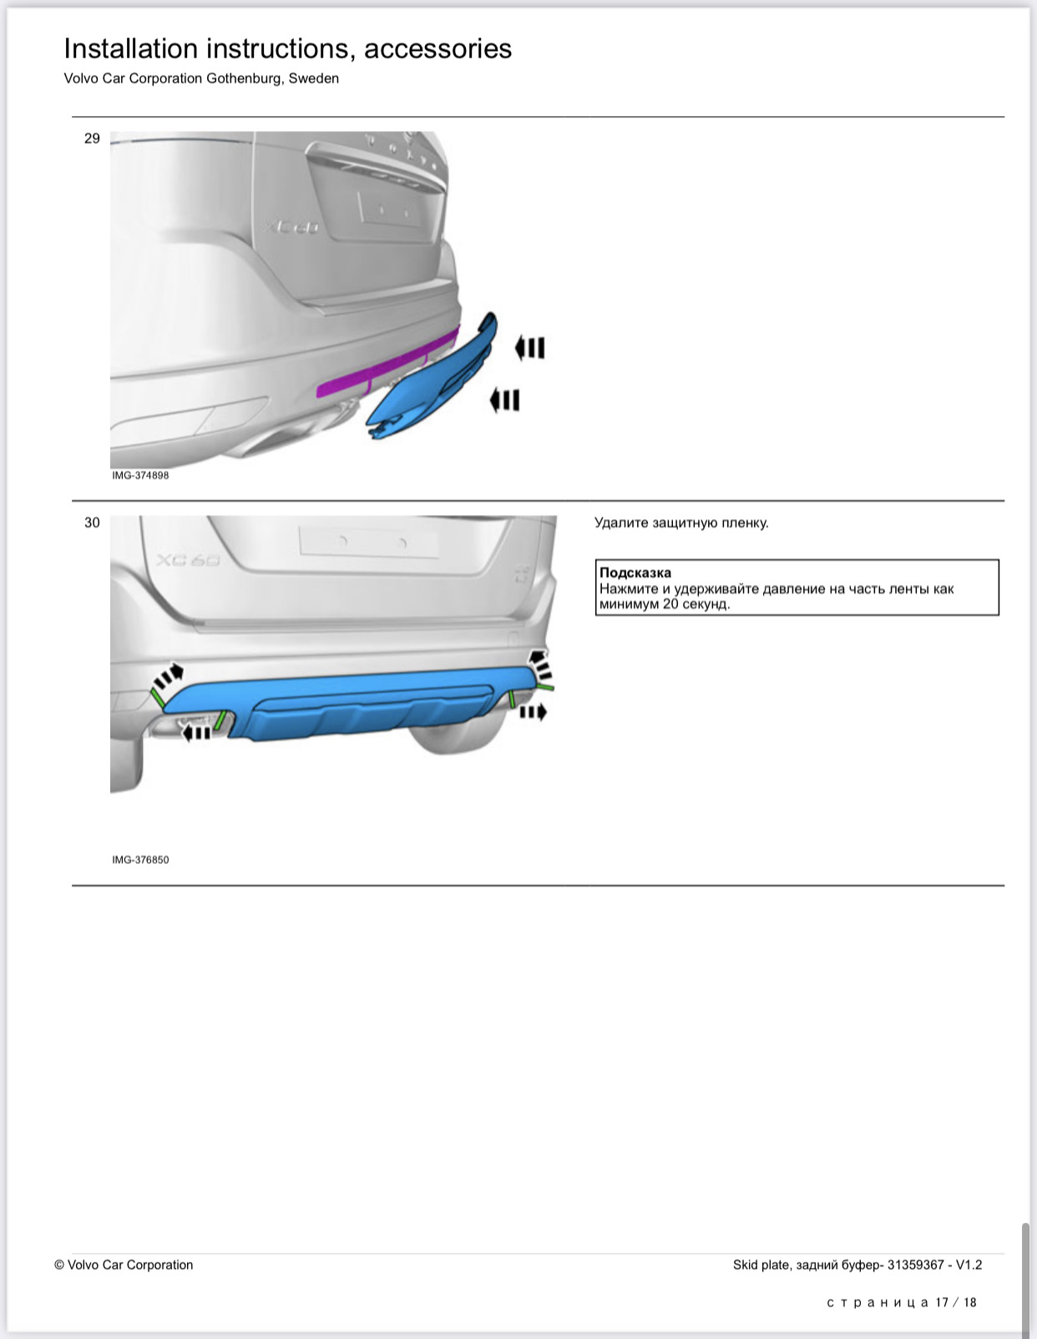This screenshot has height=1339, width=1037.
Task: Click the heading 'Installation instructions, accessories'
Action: [x=287, y=48]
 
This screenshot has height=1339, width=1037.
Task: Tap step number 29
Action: [x=92, y=139]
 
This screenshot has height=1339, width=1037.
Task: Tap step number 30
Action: [x=92, y=523]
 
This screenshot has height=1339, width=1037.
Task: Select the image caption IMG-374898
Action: [x=140, y=475]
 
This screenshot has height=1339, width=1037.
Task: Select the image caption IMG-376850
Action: [x=140, y=859]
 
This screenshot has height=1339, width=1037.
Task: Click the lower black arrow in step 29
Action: [x=504, y=401]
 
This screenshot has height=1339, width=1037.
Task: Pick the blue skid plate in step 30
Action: [x=359, y=705]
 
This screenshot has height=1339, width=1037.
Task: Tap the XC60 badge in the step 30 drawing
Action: [x=189, y=560]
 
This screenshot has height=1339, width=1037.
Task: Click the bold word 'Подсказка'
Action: [x=635, y=573]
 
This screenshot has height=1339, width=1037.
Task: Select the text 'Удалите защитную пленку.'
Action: [x=681, y=523]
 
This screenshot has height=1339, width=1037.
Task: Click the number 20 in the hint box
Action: [x=670, y=604]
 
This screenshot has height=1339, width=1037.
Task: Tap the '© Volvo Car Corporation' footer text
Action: [x=124, y=1265]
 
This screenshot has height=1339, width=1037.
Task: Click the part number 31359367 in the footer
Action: [x=916, y=1265]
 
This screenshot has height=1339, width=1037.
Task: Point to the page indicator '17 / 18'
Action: [x=956, y=1302]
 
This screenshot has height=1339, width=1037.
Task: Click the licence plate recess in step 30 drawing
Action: [x=368, y=542]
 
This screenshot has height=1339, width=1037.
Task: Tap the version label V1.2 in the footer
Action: [x=969, y=1265]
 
